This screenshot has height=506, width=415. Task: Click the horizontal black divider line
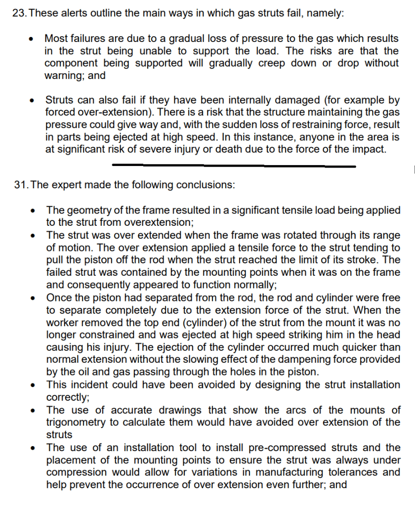point(234,165)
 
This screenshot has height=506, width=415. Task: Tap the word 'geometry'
point(87,210)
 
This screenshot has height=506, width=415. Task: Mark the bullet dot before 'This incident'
point(33,385)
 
